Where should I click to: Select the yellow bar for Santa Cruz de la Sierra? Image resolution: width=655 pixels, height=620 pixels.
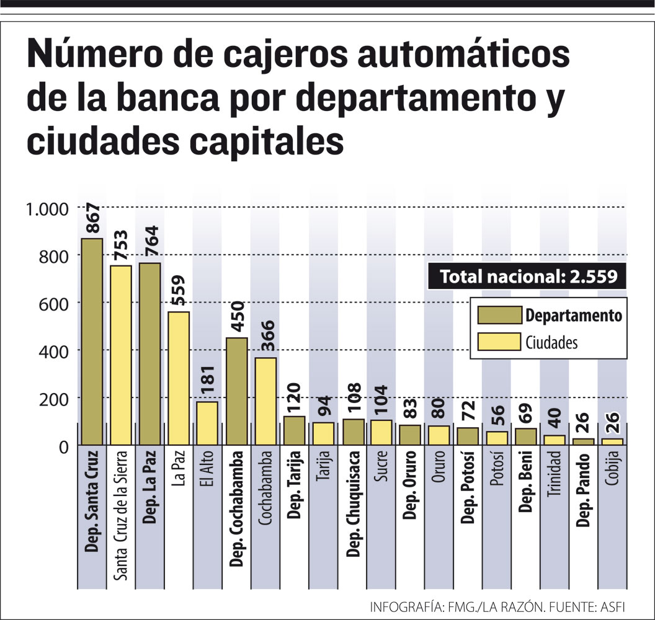point(121,355)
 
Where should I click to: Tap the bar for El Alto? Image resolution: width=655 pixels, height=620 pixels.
point(207,423)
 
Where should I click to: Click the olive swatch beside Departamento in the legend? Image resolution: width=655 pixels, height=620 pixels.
point(499,316)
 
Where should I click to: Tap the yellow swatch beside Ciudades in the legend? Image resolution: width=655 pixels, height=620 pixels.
point(499,342)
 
